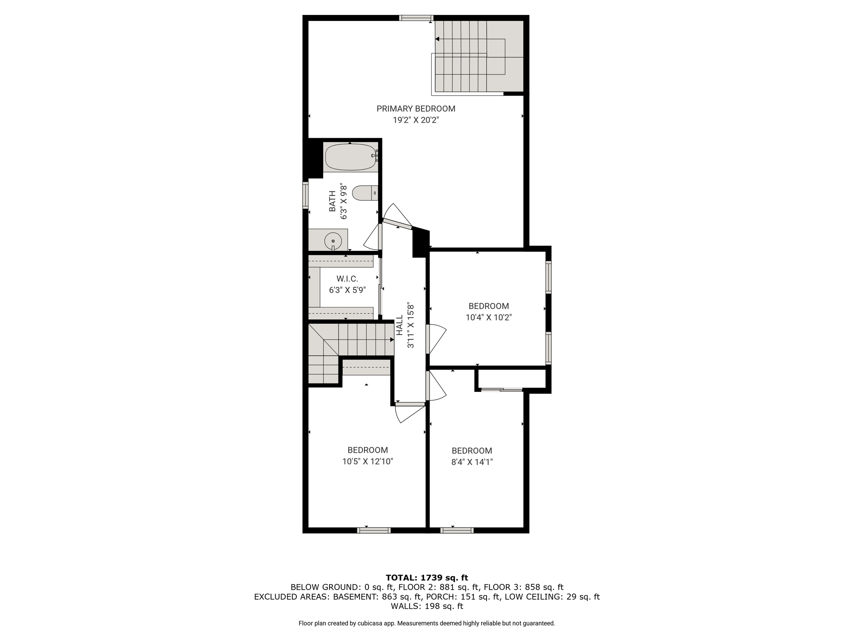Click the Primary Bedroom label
416,109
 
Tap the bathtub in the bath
351,157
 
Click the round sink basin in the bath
333,241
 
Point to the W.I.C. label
347,279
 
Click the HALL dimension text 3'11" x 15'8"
411,326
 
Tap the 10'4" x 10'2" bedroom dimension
489,317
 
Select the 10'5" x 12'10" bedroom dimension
368,462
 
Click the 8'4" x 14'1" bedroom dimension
472,462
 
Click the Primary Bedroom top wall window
416,18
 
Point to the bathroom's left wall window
305,195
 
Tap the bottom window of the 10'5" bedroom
374,530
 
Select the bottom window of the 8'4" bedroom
457,530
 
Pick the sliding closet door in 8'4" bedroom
502,390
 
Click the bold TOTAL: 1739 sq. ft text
427,578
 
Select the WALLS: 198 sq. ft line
427,606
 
